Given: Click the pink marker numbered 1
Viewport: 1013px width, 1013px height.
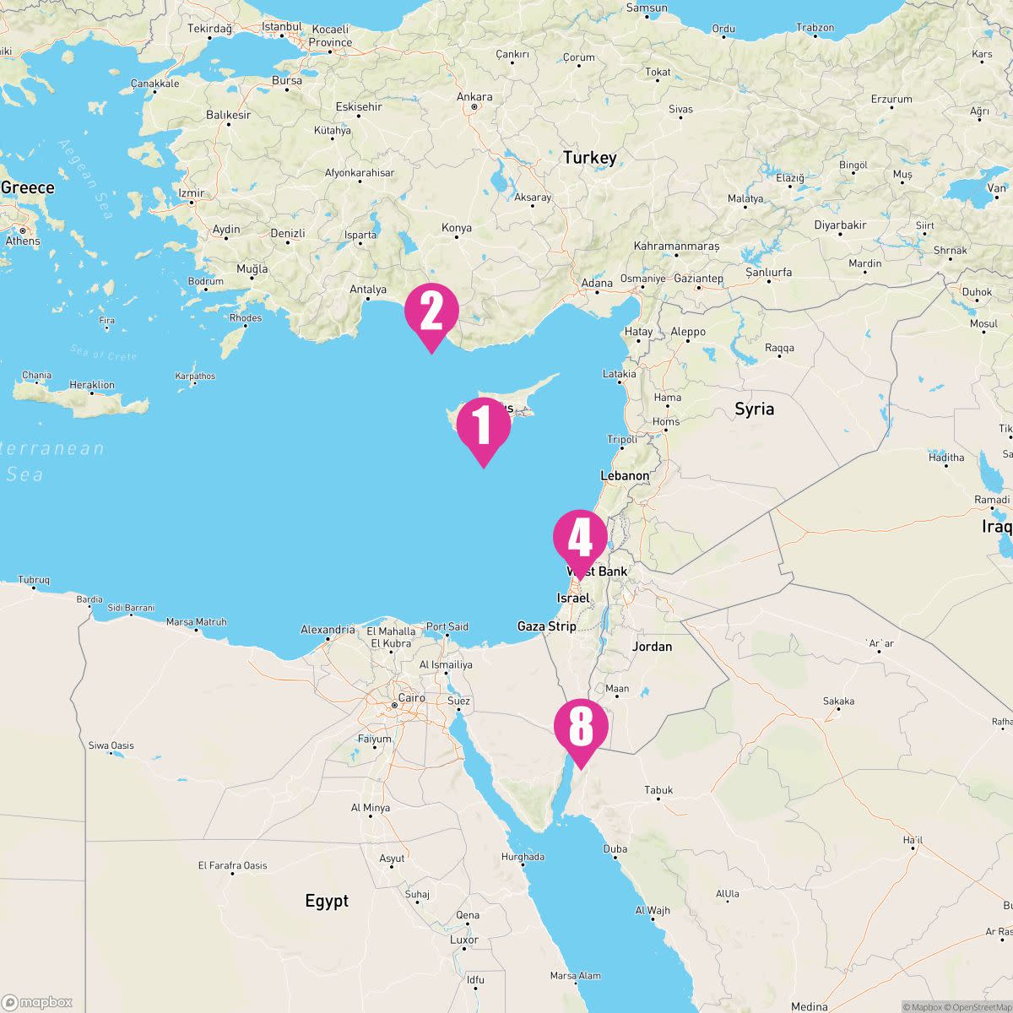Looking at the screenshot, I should tap(484, 425).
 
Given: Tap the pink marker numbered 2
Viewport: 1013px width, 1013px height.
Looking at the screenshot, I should tap(431, 311).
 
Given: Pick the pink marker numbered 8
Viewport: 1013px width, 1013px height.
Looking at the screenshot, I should tap(581, 726).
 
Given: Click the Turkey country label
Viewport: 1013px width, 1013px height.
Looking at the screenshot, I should tap(590, 158).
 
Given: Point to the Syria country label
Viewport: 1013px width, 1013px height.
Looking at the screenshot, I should tap(754, 409).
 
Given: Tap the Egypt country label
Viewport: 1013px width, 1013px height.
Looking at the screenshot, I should tap(327, 902).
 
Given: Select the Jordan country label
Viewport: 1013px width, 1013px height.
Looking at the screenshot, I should tap(652, 647).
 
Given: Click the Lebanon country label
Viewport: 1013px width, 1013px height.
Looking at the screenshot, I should tap(625, 476).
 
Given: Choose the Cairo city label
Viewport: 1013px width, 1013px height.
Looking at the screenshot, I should tap(411, 698).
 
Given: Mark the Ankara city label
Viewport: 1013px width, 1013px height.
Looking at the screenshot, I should tap(474, 97).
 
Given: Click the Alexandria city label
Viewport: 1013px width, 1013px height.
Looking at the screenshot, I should tap(328, 630).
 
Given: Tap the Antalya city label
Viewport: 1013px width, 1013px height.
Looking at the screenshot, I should tap(368, 290).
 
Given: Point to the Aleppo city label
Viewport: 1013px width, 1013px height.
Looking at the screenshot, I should tap(688, 332).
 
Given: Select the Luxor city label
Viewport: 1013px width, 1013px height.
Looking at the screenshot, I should tap(464, 940).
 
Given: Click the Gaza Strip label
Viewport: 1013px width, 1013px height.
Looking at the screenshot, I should tap(546, 626).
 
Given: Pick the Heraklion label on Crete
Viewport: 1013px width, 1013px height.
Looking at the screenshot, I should tap(92, 385).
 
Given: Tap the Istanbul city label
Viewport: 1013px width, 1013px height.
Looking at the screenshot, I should tap(282, 27).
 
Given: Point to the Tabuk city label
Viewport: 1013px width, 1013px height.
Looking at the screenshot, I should tap(658, 791).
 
